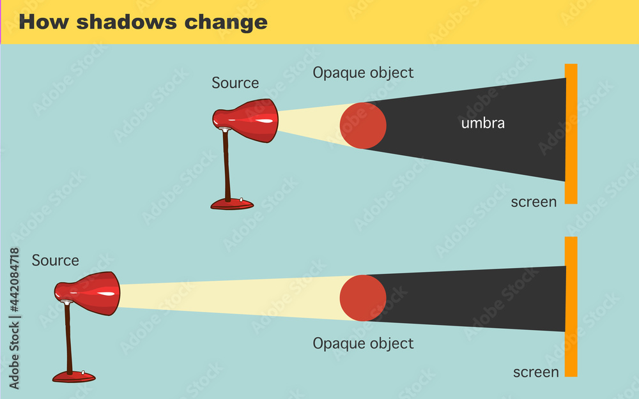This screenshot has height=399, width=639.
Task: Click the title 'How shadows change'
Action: (x=142, y=22)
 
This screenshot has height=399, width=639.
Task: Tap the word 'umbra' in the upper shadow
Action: (x=482, y=123)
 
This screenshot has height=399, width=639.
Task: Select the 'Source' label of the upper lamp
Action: (x=235, y=83)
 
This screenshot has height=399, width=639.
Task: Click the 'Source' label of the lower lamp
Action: (x=56, y=260)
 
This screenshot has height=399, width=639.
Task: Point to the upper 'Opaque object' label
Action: (x=363, y=73)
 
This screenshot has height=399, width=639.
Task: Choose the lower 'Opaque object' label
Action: (x=363, y=343)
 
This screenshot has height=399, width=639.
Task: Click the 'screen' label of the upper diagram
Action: (x=534, y=202)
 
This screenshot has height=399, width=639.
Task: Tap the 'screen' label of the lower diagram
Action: (x=535, y=372)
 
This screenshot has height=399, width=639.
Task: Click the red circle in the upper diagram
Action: (x=363, y=125)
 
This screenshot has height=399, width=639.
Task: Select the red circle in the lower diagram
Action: (x=363, y=298)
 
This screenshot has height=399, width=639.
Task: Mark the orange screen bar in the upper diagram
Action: (x=571, y=134)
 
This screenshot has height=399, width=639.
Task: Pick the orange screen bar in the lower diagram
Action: (x=571, y=306)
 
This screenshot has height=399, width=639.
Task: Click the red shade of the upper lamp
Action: (x=249, y=120)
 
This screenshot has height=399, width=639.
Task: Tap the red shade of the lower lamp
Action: (x=89, y=294)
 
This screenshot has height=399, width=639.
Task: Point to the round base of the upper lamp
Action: (x=232, y=204)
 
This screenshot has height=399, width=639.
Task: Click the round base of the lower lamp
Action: (x=73, y=377)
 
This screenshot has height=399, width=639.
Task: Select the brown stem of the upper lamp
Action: (x=226, y=166)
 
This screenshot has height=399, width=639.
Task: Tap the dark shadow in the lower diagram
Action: (x=473, y=298)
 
